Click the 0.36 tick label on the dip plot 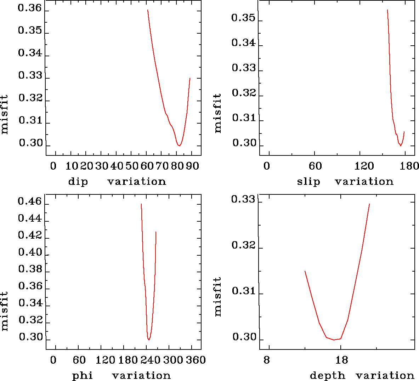point(30,8)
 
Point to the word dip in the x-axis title point(78,182)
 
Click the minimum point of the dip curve point(180,146)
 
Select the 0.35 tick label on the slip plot point(243,18)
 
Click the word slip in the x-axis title point(308,182)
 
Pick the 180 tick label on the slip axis point(411,166)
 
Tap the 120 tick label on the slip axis point(364,166)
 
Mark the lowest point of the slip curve point(401,146)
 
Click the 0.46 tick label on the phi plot point(30,203)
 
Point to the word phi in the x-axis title point(83,375)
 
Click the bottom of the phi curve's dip point(149,340)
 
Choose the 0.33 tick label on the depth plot point(243,200)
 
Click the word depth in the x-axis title point(327,375)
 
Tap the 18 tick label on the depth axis point(342,360)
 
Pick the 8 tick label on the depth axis point(266,360)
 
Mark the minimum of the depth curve point(334,340)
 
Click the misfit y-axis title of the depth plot point(217,296)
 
